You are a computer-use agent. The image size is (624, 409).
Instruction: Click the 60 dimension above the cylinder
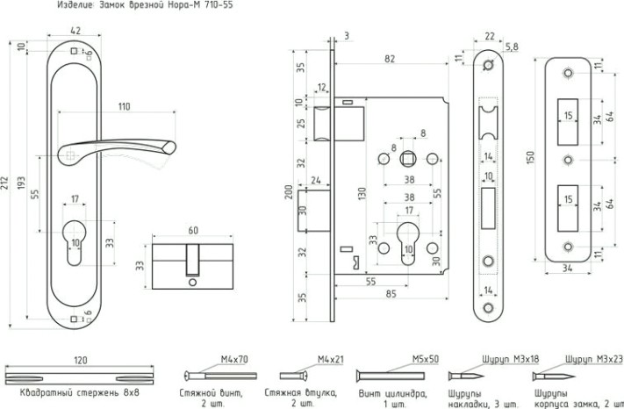coord(194,231)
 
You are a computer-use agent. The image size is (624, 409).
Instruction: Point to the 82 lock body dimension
coord(389,57)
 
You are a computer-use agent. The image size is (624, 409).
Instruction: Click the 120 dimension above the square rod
coord(81,360)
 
